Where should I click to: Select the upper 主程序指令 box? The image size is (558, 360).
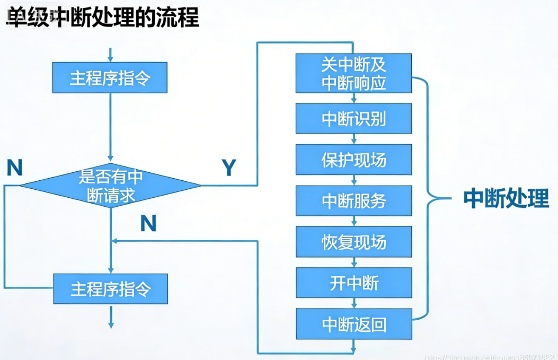[110, 77]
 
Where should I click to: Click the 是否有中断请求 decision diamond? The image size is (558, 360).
[110, 186]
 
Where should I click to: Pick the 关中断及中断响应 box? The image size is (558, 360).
[353, 73]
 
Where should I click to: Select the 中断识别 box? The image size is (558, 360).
[353, 118]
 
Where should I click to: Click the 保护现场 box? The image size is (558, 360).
[353, 160]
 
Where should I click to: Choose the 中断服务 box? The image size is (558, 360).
[353, 201]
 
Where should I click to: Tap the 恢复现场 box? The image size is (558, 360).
[353, 242]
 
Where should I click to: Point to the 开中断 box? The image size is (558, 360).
[353, 283]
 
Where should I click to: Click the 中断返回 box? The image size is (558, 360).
[353, 324]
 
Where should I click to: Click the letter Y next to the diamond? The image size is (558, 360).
[228, 168]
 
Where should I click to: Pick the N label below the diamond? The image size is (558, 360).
[148, 224]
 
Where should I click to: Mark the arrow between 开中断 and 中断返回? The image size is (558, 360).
[353, 304]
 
